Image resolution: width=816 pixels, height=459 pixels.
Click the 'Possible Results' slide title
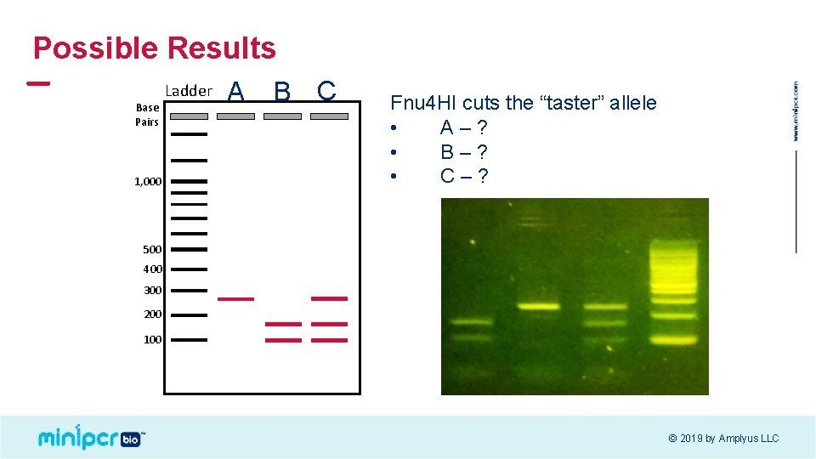(x=154, y=48)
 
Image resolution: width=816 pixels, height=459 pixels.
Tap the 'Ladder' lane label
(x=188, y=91)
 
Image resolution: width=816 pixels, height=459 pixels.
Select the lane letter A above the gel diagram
(x=236, y=91)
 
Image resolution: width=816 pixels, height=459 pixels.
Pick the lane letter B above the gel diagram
(x=282, y=91)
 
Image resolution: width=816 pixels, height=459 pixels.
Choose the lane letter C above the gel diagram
(x=326, y=90)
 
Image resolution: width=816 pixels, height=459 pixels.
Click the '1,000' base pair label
(x=147, y=181)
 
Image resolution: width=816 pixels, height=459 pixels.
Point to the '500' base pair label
(x=152, y=249)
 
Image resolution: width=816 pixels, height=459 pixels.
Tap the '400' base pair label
(x=152, y=269)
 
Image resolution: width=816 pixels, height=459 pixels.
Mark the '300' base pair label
(x=152, y=291)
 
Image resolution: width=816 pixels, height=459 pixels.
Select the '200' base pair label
(x=152, y=314)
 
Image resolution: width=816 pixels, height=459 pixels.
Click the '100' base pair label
(x=152, y=340)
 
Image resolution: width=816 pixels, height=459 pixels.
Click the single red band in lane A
(x=235, y=298)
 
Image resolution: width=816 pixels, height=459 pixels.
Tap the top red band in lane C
(x=329, y=298)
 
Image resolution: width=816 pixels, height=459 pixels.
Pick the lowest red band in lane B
(x=282, y=340)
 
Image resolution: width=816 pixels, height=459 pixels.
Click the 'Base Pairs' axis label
(x=147, y=115)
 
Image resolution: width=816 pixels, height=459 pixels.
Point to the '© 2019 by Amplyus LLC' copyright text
(x=722, y=439)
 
